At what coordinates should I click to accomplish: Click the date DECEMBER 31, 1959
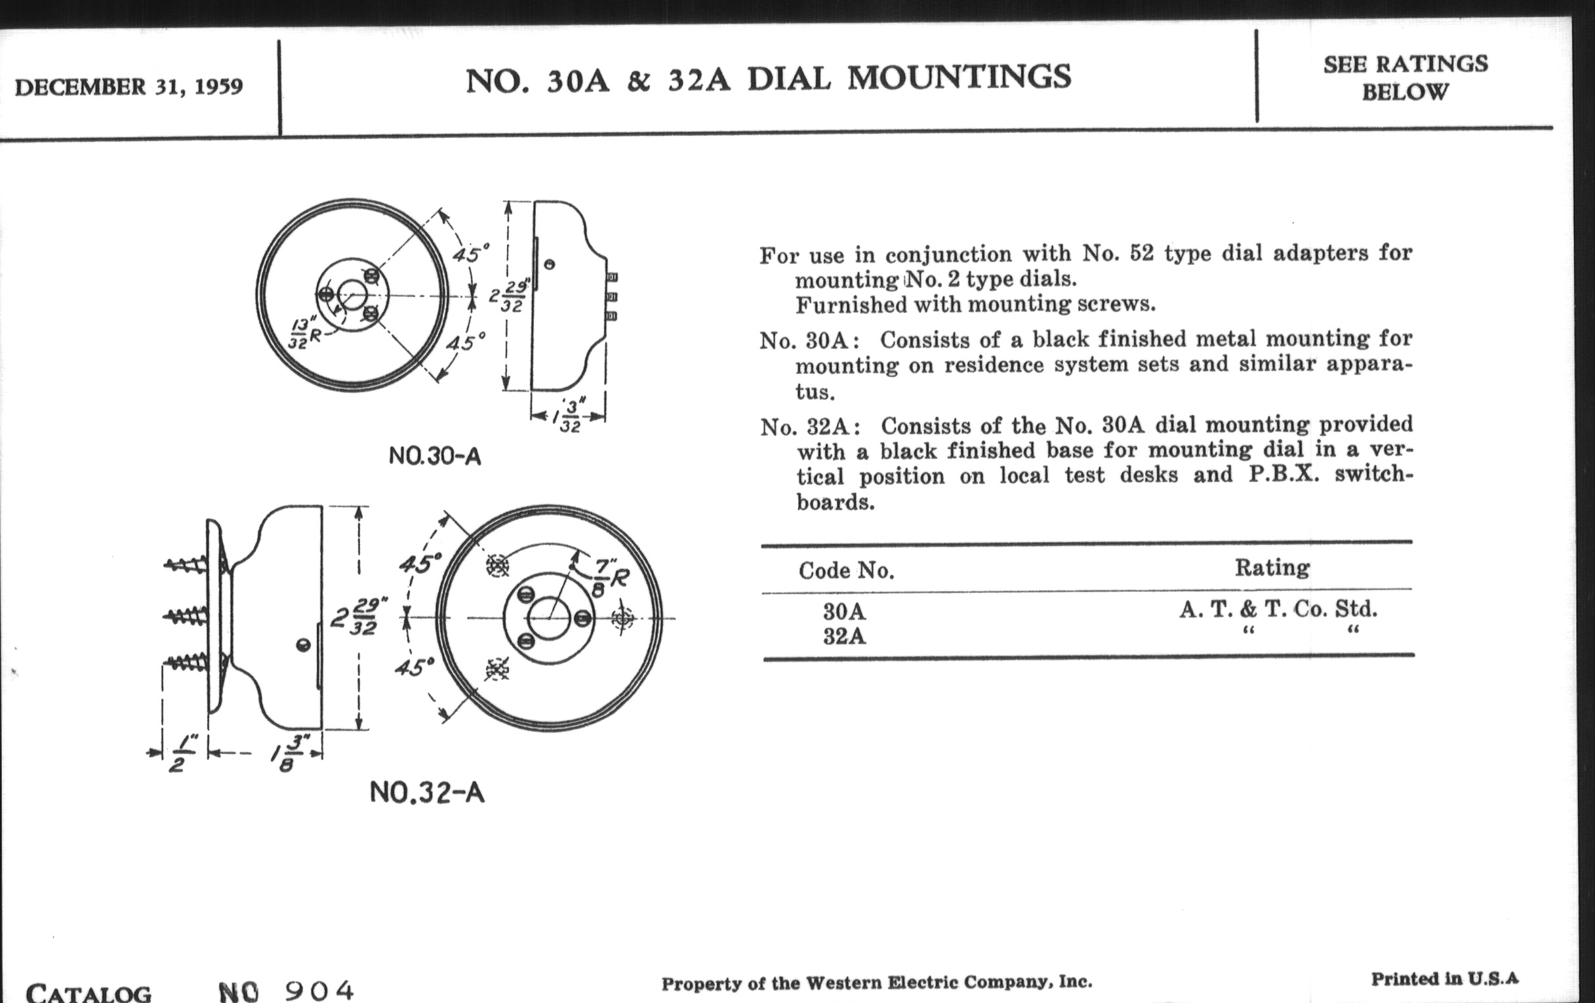click(129, 87)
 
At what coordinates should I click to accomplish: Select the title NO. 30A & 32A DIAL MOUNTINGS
click(769, 78)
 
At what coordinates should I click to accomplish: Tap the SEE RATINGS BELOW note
click(1405, 77)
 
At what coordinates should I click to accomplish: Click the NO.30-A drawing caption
click(435, 456)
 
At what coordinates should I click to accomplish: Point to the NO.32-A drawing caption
click(427, 792)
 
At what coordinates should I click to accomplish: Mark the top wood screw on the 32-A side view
click(187, 564)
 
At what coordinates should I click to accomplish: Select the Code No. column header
click(847, 571)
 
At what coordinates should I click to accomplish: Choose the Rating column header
click(1272, 568)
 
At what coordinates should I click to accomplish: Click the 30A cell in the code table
click(845, 611)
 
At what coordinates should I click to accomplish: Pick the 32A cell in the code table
click(845, 637)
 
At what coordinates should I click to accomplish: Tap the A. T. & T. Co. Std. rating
click(1278, 609)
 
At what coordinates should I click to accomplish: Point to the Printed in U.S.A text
click(1444, 979)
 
